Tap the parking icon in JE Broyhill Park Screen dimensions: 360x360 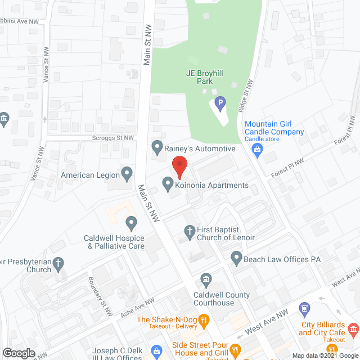(220, 103)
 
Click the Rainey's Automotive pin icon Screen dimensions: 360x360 (157, 148)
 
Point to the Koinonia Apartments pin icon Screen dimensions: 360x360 (167, 184)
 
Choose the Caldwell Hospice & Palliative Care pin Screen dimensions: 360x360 (131, 224)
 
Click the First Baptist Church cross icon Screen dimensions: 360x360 (190, 231)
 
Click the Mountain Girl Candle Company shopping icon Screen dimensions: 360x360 (258, 149)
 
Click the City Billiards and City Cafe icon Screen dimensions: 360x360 (353, 328)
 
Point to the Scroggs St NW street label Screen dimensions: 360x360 (114, 137)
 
